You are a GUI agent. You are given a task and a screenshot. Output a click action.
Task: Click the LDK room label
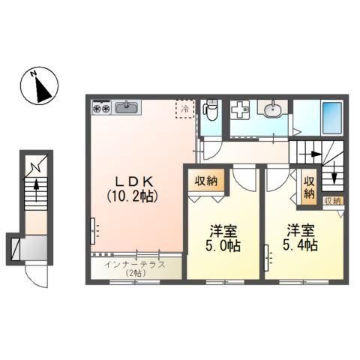(x=135, y=181)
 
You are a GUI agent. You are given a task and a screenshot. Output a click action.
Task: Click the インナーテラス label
(x=135, y=265)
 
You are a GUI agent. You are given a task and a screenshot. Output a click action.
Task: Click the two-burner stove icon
(x=101, y=109)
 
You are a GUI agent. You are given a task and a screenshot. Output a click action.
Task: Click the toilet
(x=212, y=112)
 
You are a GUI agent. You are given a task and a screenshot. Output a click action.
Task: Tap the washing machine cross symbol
(x=241, y=110)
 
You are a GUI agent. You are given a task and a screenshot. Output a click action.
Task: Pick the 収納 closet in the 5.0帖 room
(x=208, y=181)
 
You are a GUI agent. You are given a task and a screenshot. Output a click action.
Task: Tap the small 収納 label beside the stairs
(x=332, y=200)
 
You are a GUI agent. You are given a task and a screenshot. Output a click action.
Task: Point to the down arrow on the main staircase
(x=335, y=181)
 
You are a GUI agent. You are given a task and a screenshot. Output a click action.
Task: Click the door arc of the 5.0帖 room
(x=244, y=180)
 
